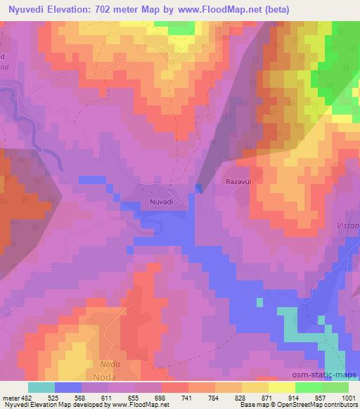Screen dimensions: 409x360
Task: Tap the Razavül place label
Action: (238, 181)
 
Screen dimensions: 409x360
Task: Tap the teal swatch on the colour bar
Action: (41, 387)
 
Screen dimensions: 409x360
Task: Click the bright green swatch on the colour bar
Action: (308, 387)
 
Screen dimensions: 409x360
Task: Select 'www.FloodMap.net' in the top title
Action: (219, 9)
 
